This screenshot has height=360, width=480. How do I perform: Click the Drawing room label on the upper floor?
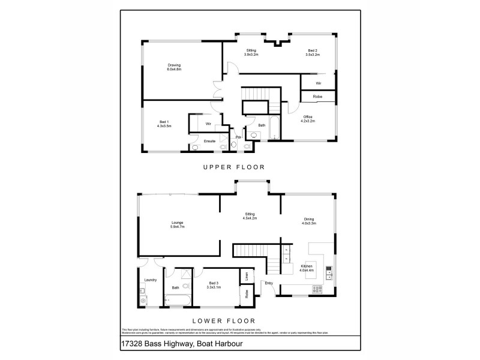tap(174, 67)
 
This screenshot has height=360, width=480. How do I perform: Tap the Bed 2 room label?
tap(313, 52)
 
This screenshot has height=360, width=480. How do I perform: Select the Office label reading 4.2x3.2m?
tap(307, 119)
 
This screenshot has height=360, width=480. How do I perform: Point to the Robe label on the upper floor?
tap(317, 96)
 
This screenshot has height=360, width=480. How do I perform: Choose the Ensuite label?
tap(209, 141)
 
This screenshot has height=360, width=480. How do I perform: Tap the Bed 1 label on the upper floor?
tap(164, 124)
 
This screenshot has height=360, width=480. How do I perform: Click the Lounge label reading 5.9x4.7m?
tap(178, 224)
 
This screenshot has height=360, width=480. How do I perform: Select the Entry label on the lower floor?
tap(268, 283)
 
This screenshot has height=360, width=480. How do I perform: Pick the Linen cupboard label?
tap(247, 276)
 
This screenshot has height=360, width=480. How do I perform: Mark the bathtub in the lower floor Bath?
tap(179, 301)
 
